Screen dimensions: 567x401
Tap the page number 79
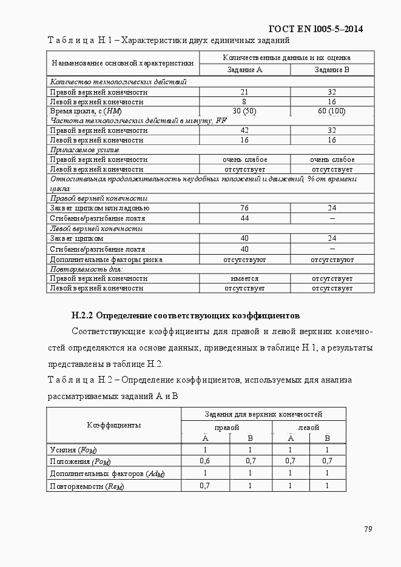[x=368, y=529]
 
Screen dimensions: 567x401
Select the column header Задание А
[x=244, y=70]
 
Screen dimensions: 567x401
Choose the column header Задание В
[x=331, y=70]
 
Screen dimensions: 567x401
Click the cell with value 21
[x=244, y=92]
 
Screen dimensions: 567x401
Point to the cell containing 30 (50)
[x=244, y=112]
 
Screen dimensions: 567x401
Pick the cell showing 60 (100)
[x=331, y=112]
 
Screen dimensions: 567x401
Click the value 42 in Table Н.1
[x=244, y=130]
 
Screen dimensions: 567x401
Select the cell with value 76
[x=244, y=208]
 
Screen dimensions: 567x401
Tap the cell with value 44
[x=244, y=218]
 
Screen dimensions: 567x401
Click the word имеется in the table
[x=244, y=279]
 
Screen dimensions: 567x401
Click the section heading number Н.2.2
[x=83, y=316]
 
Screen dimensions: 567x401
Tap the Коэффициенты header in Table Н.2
[x=113, y=425]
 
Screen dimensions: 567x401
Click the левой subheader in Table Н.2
[x=308, y=427]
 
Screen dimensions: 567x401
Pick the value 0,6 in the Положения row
[x=205, y=461]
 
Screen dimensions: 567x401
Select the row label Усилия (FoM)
[x=73, y=450]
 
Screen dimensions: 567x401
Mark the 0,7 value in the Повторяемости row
[x=205, y=486]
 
